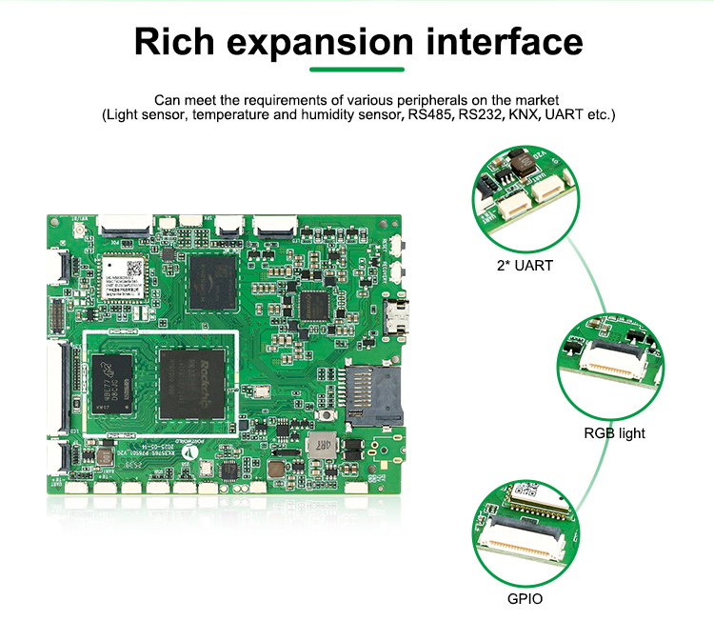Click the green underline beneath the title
tap(357, 70)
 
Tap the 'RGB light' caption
tap(614, 433)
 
